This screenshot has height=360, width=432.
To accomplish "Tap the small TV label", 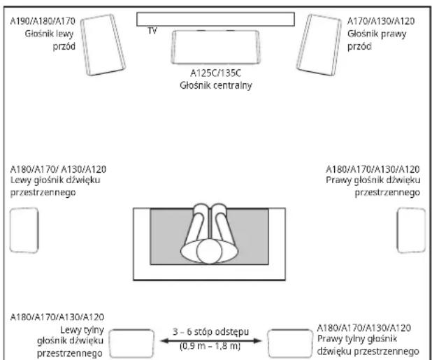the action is [x=152, y=31].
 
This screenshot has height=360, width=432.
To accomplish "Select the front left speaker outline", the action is [x=103, y=45].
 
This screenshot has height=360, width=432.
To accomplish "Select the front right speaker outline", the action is [x=319, y=45].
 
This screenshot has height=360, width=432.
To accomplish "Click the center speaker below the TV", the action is [x=215, y=47].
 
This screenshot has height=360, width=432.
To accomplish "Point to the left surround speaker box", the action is [x=24, y=230].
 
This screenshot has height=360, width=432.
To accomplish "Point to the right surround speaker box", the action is [x=411, y=230].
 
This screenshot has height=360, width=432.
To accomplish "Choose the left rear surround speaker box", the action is [x=131, y=343].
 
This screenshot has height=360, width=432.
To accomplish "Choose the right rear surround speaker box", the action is [x=290, y=343].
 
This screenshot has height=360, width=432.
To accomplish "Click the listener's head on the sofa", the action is [x=209, y=251].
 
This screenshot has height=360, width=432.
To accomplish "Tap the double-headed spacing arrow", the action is [x=211, y=341].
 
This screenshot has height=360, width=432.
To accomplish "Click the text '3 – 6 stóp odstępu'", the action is [x=211, y=331].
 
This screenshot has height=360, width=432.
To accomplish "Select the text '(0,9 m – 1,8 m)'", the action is [x=210, y=346].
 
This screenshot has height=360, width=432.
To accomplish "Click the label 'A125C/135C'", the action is [x=215, y=73].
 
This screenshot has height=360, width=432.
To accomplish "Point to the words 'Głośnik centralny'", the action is [x=216, y=85].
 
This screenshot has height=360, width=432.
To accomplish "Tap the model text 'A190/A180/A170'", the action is [x=43, y=21].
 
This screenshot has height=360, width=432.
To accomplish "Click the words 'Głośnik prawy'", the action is [x=377, y=34].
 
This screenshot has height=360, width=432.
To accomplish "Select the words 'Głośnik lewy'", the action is [x=50, y=34].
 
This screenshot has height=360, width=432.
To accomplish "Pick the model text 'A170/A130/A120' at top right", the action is [x=381, y=21].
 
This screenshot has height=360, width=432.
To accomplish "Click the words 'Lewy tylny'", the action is [x=82, y=330].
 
